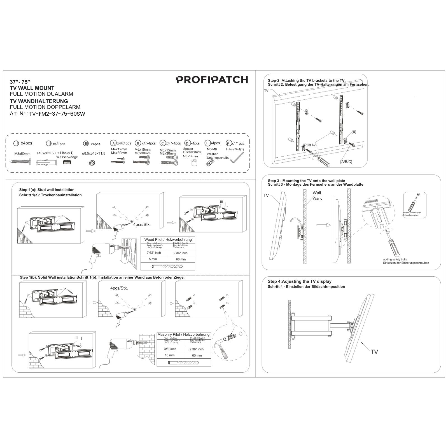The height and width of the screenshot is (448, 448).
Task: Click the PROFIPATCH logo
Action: [x=212, y=80]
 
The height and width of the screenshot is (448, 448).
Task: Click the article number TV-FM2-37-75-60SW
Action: [x=57, y=114]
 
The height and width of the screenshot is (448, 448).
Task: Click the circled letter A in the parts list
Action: [x=113, y=143]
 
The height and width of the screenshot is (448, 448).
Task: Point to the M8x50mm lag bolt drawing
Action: [x=21, y=162]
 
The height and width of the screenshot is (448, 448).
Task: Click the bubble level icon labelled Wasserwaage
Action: [x=67, y=162]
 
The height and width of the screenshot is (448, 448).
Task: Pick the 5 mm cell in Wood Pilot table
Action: [x=153, y=259]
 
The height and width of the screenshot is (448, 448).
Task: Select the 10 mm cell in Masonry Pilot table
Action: [x=170, y=355]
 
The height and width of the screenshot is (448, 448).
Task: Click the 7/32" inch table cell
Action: [x=154, y=253]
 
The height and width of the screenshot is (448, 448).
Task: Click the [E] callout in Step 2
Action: [x=354, y=132]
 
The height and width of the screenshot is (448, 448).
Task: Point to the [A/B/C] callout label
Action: [x=346, y=162]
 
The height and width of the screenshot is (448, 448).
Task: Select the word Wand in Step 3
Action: [x=318, y=199]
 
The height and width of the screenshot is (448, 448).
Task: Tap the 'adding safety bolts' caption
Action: [x=395, y=260]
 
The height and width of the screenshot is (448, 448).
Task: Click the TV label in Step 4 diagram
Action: [x=374, y=352]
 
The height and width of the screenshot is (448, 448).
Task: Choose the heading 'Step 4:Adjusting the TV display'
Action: [x=299, y=281]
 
